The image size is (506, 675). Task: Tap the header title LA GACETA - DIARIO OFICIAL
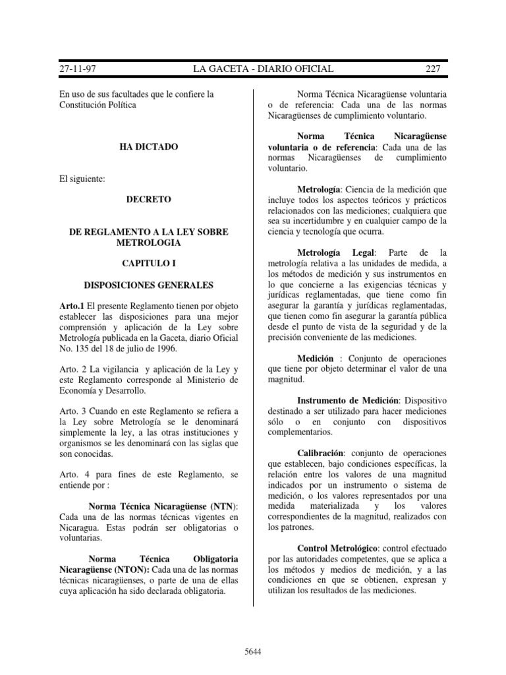pos(262,69)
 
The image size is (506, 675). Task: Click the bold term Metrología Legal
pos(337,253)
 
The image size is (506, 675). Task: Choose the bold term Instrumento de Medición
pos(349,400)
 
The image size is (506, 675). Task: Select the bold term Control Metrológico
pos(338,548)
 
